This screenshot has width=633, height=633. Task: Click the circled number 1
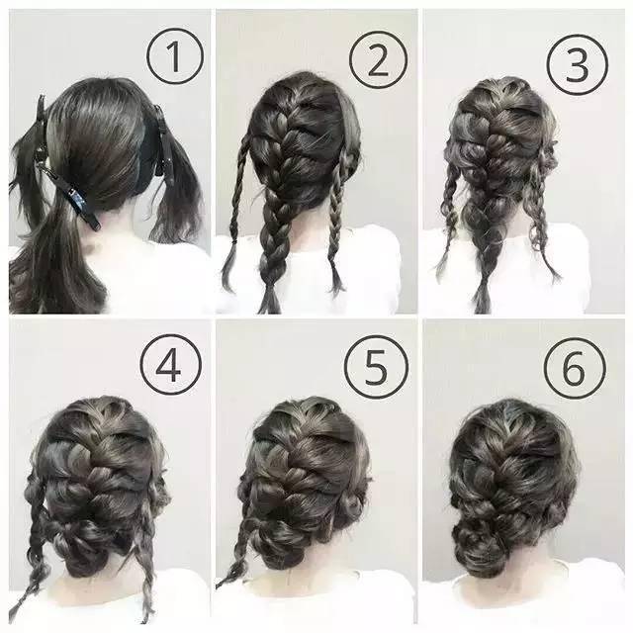[175, 56]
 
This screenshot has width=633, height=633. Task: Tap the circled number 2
[378, 59]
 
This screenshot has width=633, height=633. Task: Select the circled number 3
[578, 64]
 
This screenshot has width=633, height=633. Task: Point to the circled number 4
[170, 365]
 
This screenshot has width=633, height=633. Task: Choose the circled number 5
[376, 367]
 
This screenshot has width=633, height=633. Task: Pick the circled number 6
[575, 368]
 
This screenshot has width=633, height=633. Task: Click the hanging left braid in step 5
[238, 545]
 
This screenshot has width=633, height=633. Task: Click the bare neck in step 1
[130, 226]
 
